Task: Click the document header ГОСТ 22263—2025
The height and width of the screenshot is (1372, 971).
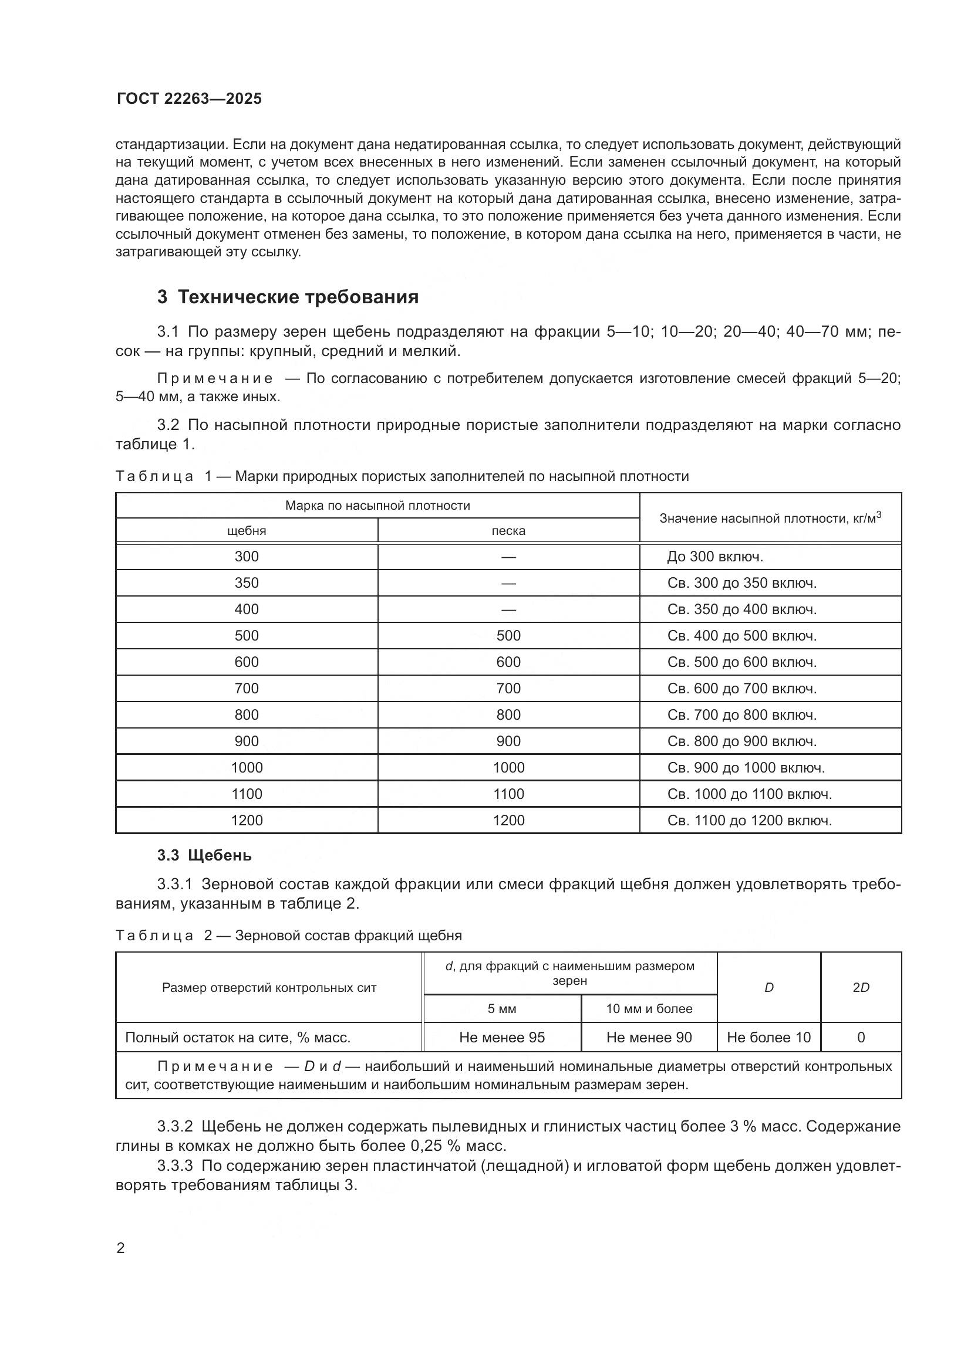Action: [x=189, y=99]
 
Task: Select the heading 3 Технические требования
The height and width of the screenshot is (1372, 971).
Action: [x=288, y=297]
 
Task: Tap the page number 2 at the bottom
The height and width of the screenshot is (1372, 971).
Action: [x=121, y=1248]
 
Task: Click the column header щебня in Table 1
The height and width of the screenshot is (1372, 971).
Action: [x=247, y=531]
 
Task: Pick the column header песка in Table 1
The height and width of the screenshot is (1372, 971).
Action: [x=508, y=531]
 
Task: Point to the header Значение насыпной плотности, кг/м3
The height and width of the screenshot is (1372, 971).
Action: [x=770, y=518]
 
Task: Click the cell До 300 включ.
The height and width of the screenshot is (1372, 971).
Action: [x=715, y=557]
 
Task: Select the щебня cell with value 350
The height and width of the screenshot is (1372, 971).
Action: [x=247, y=583]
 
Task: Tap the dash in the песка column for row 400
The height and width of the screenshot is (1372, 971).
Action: [x=508, y=609]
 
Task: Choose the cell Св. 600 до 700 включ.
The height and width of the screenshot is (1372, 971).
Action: [x=741, y=689]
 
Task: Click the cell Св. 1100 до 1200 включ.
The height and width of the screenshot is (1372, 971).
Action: [x=749, y=821]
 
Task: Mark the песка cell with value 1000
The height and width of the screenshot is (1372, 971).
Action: [x=508, y=768]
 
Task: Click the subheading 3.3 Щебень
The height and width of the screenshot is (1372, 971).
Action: [x=204, y=856]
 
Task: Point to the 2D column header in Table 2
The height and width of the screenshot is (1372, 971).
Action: [x=861, y=988]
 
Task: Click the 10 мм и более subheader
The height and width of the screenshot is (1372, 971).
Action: [x=649, y=1009]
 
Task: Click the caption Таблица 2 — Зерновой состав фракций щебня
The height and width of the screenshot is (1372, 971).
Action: [x=288, y=935]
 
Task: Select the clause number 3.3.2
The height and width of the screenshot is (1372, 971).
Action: [x=174, y=1126]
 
